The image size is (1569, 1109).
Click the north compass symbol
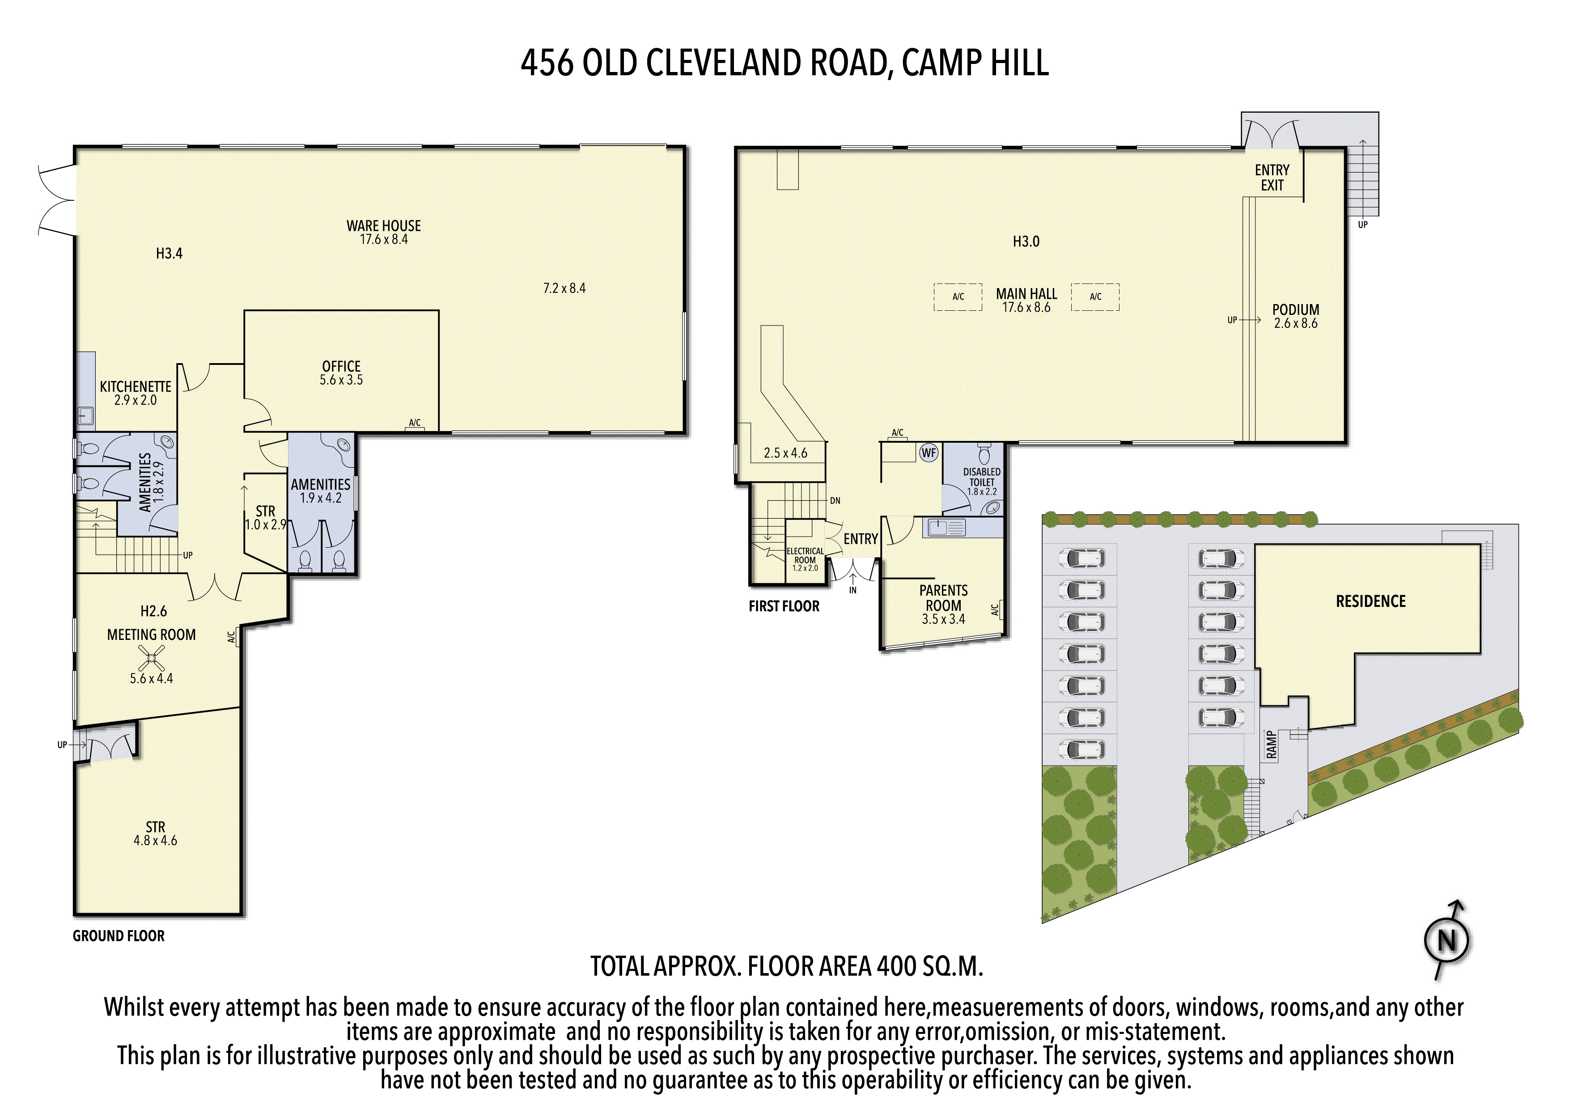pyautogui.click(x=1447, y=940)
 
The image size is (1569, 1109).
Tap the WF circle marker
pyautogui.click(x=929, y=453)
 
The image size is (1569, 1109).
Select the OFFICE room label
pyautogui.click(x=341, y=366)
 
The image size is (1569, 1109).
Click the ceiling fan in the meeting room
pyautogui.click(x=151, y=659)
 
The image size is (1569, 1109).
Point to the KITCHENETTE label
pyautogui.click(x=136, y=387)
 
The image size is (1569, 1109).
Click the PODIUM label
pyautogui.click(x=1296, y=309)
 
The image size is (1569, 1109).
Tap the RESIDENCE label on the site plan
pyautogui.click(x=1371, y=601)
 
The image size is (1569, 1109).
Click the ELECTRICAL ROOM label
pyautogui.click(x=805, y=555)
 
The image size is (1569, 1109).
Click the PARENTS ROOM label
pyautogui.click(x=944, y=598)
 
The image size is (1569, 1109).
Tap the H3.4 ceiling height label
pyautogui.click(x=170, y=254)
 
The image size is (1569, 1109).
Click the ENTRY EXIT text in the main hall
pyautogui.click(x=1272, y=178)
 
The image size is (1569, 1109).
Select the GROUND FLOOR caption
pyautogui.click(x=119, y=936)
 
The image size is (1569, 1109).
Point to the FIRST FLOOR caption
pyautogui.click(x=784, y=606)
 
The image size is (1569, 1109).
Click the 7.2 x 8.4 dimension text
pyautogui.click(x=564, y=288)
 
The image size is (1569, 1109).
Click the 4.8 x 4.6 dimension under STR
pyautogui.click(x=155, y=840)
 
